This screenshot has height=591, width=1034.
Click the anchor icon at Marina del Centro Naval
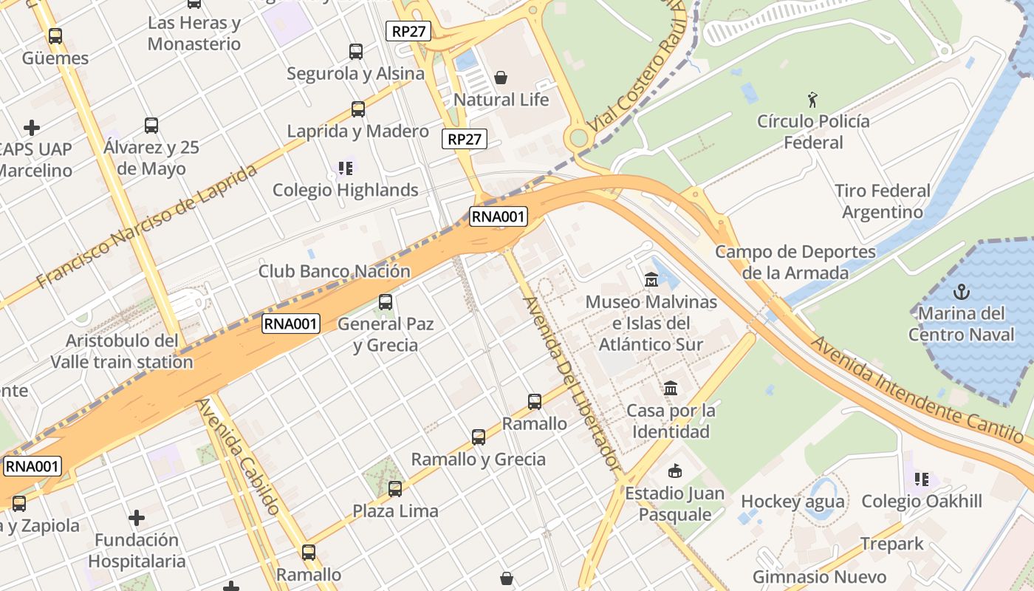(x=962, y=291)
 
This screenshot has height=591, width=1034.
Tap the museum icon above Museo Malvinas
(x=651, y=280)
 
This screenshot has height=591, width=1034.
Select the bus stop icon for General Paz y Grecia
(x=386, y=302)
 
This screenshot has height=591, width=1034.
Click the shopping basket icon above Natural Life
(x=501, y=78)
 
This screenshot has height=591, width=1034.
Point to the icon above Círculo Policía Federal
(x=813, y=99)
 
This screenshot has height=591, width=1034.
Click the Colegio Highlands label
(x=346, y=190)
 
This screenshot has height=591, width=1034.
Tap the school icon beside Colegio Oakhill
(x=922, y=479)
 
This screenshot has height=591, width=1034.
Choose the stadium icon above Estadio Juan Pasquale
(x=674, y=471)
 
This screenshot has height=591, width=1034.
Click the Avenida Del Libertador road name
(x=570, y=383)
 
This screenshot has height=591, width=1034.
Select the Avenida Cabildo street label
(x=239, y=457)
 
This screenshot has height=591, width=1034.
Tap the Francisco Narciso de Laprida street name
(x=147, y=225)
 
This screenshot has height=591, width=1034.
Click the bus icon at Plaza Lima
(x=395, y=488)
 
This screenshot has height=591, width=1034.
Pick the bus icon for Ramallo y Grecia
(x=479, y=437)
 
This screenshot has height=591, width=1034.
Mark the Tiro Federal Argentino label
(x=883, y=202)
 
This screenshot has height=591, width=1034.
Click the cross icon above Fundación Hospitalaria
(x=137, y=518)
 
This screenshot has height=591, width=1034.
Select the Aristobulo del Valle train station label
(x=122, y=352)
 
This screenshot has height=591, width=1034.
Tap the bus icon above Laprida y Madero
(x=358, y=109)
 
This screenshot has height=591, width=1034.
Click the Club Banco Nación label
(x=334, y=271)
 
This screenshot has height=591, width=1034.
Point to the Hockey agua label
(x=792, y=502)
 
